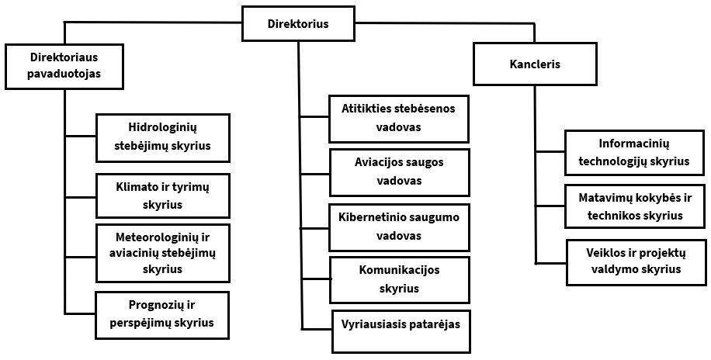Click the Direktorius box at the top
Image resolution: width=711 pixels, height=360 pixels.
point(297,24)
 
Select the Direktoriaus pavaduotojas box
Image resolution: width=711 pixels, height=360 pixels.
point(64,66)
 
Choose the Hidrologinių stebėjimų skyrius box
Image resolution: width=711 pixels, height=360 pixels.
point(163,136)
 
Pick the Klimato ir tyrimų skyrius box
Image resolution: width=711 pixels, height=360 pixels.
point(163,196)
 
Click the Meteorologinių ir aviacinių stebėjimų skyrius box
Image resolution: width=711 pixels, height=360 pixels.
point(163,253)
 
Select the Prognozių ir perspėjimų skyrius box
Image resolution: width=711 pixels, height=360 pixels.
point(163,315)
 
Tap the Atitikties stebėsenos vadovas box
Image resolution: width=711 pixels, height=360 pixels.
point(399,118)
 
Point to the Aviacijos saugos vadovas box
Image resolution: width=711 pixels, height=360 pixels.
point(399,172)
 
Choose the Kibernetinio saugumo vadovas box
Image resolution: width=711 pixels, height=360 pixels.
point(399,227)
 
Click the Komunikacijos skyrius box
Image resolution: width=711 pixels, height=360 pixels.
point(399,279)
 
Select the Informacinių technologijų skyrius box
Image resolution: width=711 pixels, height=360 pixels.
point(634,153)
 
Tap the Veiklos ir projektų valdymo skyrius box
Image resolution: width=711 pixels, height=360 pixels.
point(634,261)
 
